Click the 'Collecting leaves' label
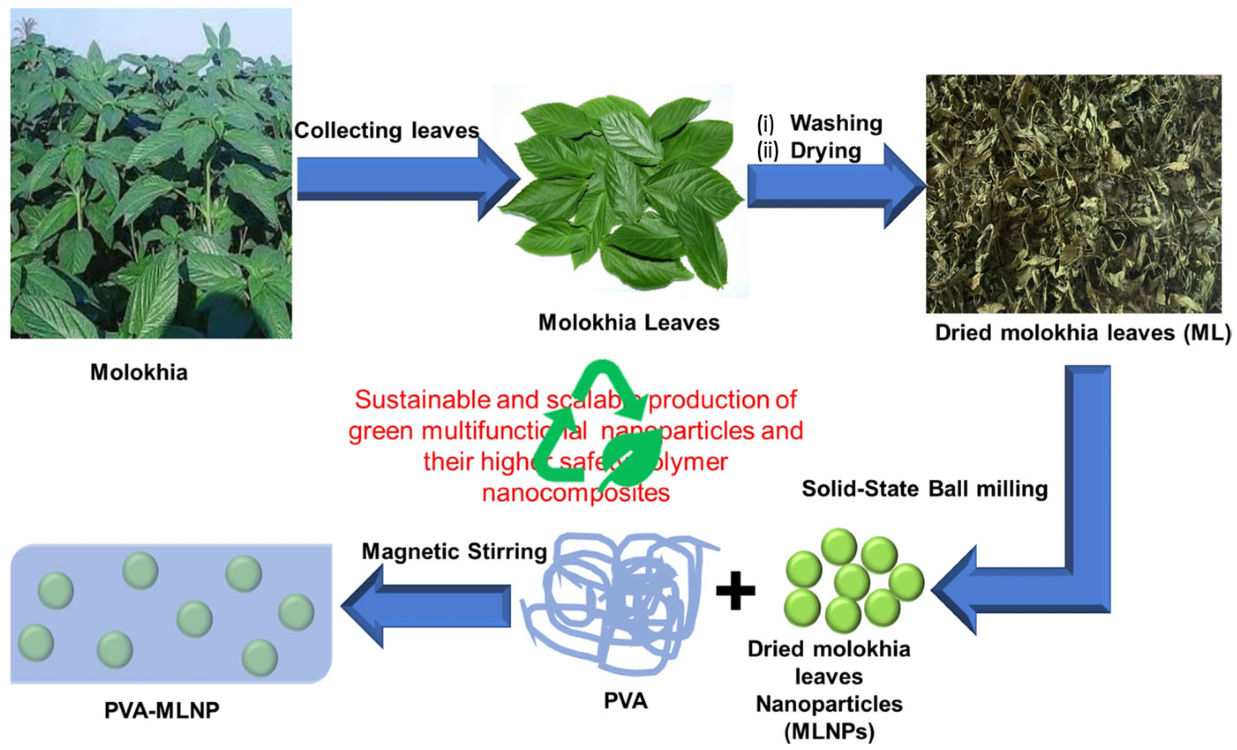386,131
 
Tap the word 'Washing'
836,123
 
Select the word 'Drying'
825,151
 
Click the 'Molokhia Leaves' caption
628,323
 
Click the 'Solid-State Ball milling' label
925,489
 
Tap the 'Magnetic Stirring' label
454,552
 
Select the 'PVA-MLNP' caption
162,710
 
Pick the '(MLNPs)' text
829,732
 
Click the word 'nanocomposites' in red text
576,493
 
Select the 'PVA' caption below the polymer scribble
626,701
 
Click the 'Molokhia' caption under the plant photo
139,373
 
